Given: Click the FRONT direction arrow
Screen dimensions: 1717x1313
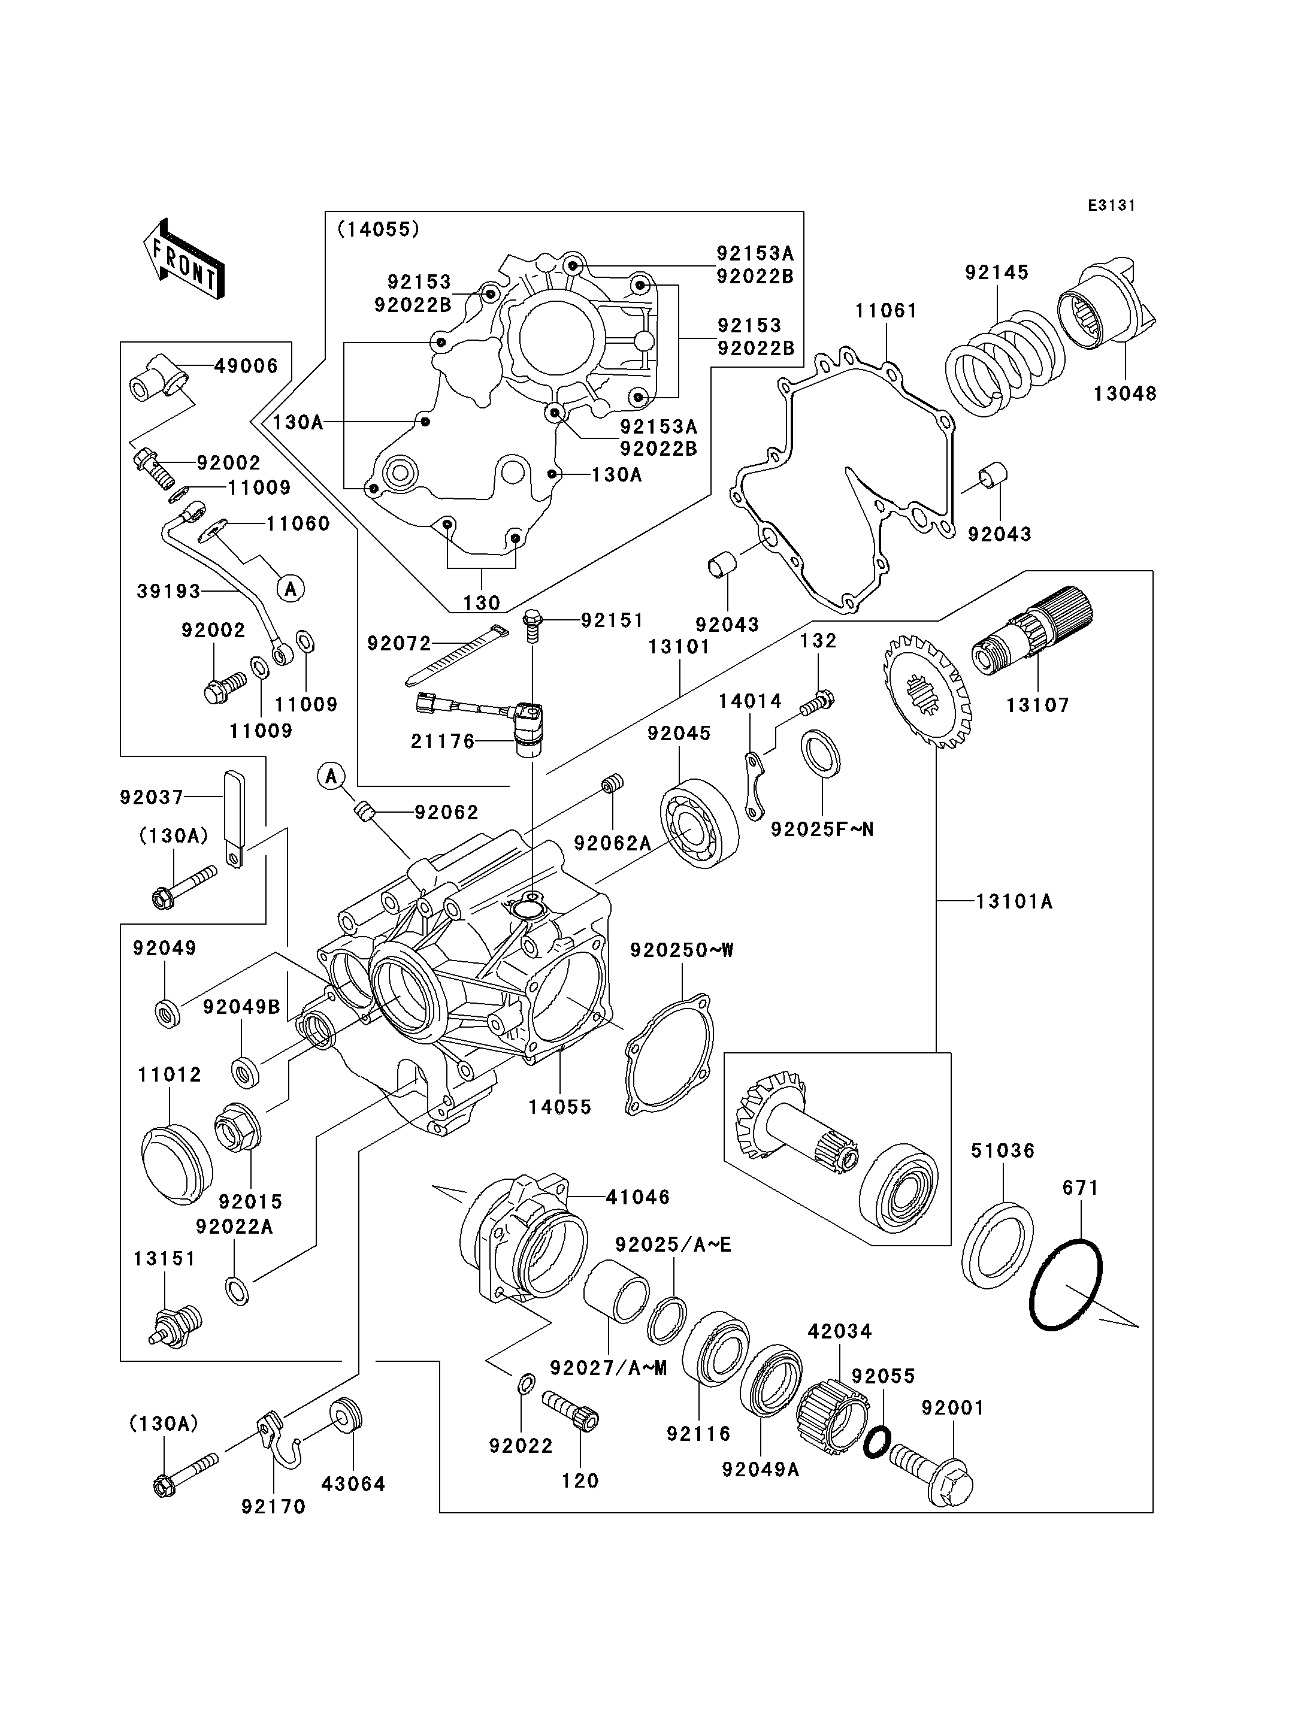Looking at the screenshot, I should click(x=184, y=259).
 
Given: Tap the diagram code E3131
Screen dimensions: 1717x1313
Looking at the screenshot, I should click(x=1111, y=205).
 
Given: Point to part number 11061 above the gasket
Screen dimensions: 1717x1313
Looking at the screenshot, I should click(x=885, y=311).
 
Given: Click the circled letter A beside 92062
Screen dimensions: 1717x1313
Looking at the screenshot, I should click(x=331, y=776).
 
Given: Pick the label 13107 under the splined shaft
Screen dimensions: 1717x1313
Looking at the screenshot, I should click(x=1037, y=705).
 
